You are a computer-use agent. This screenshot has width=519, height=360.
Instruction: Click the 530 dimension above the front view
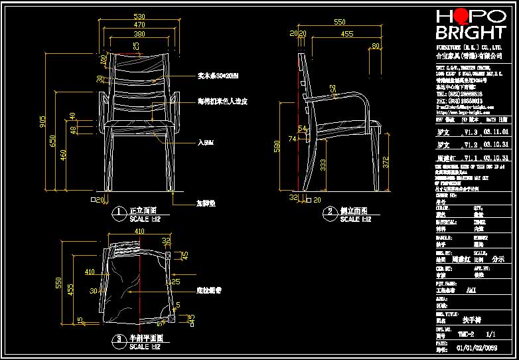click(x=139, y=16)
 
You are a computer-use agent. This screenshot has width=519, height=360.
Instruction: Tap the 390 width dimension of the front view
click(x=139, y=33)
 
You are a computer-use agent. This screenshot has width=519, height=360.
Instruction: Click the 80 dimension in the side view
click(x=376, y=45)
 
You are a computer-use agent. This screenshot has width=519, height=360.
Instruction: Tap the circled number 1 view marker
click(x=118, y=213)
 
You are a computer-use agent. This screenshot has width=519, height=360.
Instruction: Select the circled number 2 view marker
click(x=330, y=213)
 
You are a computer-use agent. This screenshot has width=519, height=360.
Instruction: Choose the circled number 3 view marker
click(x=119, y=339)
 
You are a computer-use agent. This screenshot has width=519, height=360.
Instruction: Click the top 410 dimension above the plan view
click(x=139, y=231)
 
